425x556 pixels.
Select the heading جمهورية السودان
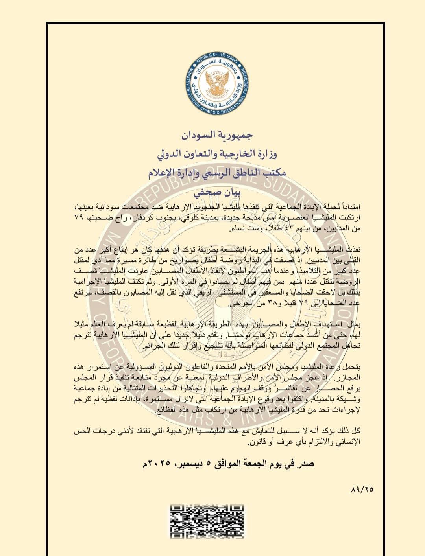pyautogui.click(x=217, y=136)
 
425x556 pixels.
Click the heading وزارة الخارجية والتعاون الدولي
pyautogui.click(x=217, y=154)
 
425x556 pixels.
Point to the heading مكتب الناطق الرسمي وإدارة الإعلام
pyautogui.click(x=217, y=173)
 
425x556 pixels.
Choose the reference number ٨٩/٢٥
pyautogui.click(x=361, y=490)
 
